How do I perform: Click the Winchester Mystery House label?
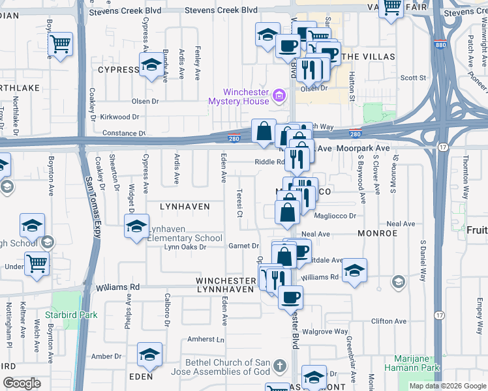click(x=238, y=96)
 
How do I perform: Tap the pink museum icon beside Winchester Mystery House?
click(x=279, y=96)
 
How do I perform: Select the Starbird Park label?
click(x=74, y=315)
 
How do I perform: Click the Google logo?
click(x=22, y=383)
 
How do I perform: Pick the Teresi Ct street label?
click(x=240, y=203)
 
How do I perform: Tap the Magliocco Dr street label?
click(x=335, y=216)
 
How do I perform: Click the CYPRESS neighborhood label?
click(x=119, y=69)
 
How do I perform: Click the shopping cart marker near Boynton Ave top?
click(x=61, y=45)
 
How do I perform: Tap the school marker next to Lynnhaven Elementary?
click(x=136, y=227)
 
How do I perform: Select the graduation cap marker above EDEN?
click(x=149, y=355)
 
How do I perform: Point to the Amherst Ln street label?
click(x=206, y=340)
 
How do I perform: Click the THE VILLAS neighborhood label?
click(x=359, y=57)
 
